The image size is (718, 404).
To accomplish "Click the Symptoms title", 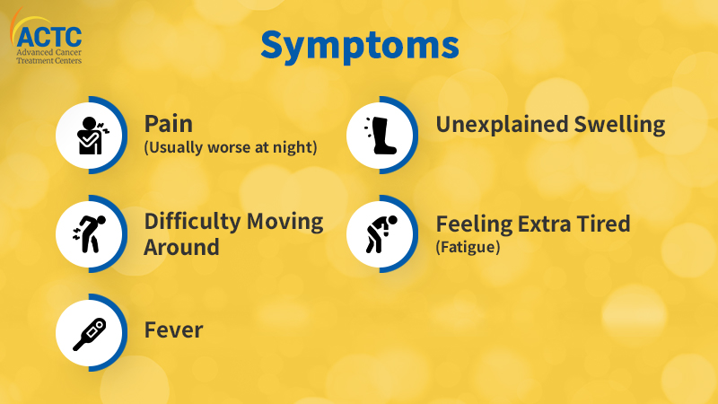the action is (x=360, y=47).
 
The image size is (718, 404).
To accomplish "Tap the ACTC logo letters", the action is (x=49, y=37).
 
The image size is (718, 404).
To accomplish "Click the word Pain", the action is (x=169, y=124).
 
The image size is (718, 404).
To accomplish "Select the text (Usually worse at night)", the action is (x=231, y=147).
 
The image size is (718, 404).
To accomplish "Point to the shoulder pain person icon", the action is (x=93, y=136).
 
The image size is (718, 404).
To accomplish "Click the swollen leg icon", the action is (x=381, y=136).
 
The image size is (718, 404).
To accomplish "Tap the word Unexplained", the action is (x=502, y=125).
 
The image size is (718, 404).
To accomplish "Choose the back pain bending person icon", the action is (x=89, y=233).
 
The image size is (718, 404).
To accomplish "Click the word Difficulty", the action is (x=192, y=222).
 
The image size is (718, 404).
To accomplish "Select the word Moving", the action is (x=285, y=222).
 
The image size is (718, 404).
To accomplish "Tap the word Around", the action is (x=181, y=248).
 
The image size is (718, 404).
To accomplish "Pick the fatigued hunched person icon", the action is (x=381, y=234).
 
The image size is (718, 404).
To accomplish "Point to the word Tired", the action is (x=603, y=224).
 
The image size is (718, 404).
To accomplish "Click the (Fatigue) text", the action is (x=468, y=248).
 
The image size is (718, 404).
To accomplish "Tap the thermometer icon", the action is (x=90, y=334).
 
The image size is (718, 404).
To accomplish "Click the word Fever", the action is (x=173, y=330).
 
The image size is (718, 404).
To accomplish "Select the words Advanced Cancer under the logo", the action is (x=49, y=52).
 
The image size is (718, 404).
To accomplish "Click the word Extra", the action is (x=545, y=224).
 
